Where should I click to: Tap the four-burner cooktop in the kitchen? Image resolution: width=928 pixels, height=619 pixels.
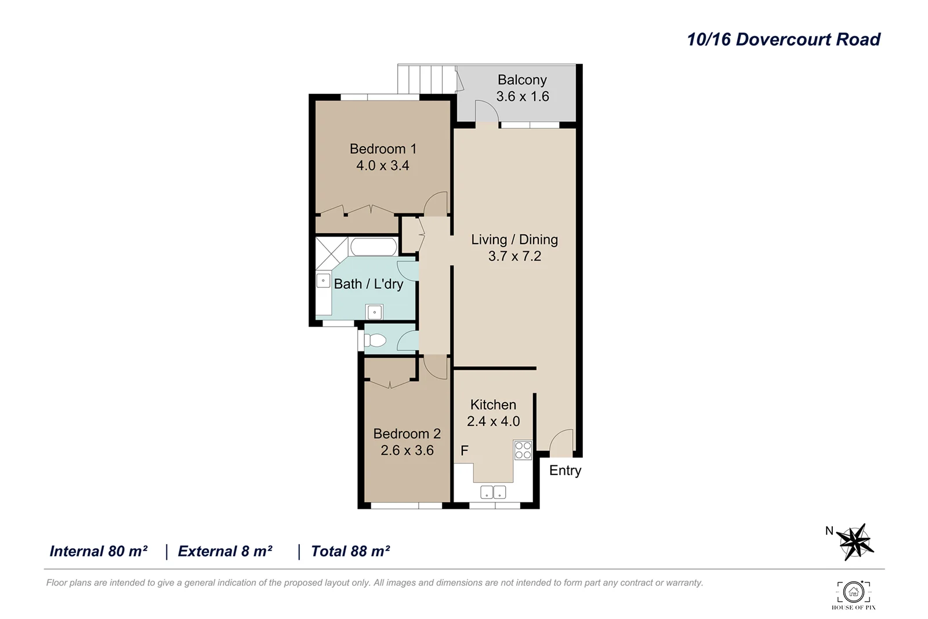523,450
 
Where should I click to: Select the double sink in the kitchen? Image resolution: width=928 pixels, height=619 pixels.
493,493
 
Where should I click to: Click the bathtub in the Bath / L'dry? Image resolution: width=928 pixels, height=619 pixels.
374,247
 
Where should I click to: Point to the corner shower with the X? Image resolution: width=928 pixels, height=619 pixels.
331,252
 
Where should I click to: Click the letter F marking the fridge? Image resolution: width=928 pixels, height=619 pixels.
464,451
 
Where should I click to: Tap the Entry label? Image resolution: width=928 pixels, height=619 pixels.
565,470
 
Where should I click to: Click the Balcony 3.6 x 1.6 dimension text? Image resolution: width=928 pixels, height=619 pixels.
522,96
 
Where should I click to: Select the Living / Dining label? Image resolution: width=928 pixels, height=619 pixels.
514,240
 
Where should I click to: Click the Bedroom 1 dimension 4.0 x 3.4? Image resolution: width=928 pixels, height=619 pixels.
382,165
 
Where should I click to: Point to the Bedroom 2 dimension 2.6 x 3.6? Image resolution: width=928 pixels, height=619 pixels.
407,450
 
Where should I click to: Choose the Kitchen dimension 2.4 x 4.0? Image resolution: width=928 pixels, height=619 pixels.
493,421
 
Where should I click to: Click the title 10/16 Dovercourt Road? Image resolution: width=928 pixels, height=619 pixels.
783,39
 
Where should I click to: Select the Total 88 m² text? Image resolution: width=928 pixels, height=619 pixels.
350,551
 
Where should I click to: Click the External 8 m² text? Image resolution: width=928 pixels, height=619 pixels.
225,551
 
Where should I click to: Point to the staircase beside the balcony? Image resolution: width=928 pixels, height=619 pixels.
426,79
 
